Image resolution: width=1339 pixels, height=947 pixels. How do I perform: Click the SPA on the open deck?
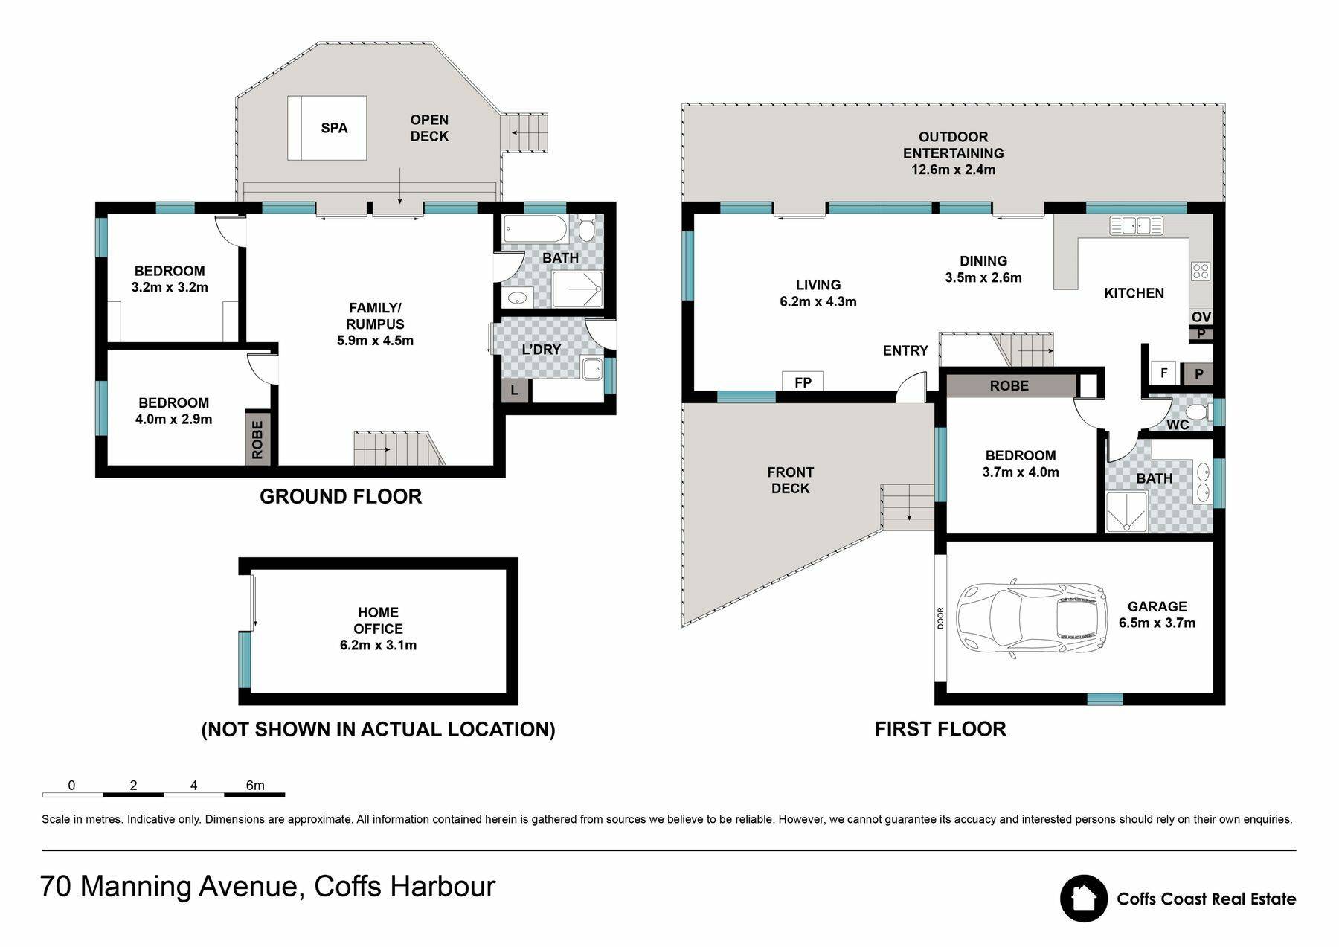[327, 128]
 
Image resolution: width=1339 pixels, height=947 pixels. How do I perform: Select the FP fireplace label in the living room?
[803, 382]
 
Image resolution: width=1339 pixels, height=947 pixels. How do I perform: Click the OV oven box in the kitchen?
[1201, 317]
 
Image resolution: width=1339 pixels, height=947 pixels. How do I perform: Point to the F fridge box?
[1163, 373]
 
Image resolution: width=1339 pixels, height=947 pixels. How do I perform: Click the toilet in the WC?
[1196, 412]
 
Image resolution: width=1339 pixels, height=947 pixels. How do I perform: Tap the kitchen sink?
[1136, 225]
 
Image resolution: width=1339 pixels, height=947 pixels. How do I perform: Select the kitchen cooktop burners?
[1200, 271]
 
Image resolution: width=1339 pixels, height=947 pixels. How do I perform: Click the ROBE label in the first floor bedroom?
[1009, 385]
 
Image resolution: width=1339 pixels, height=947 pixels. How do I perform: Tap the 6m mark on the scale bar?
[255, 785]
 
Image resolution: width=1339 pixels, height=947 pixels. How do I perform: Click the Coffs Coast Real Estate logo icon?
[1084, 898]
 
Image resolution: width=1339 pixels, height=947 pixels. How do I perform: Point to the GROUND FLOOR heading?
[341, 496]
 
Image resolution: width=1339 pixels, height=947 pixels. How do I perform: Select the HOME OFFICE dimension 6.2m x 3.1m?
[378, 645]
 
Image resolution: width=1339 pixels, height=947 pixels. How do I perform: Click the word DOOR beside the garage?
[940, 618]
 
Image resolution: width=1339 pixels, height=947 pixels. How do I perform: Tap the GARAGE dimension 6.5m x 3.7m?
[1157, 623]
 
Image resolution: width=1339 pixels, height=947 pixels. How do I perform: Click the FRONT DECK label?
[791, 480]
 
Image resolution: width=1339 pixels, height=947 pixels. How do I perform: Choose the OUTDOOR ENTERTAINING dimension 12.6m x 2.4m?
[953, 170]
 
